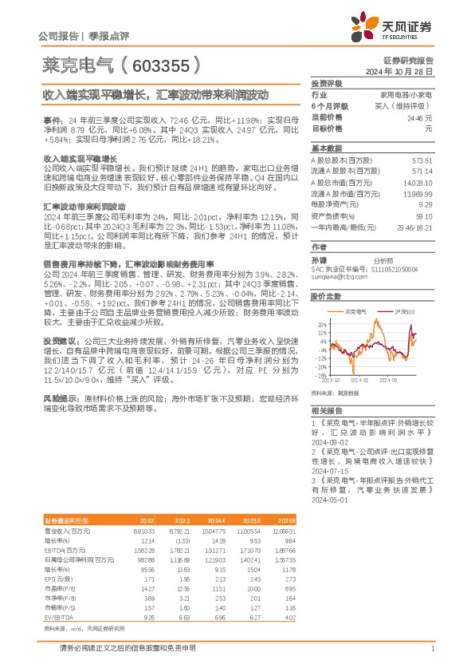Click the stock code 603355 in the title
coord(159,63)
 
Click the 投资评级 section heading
coord(326,83)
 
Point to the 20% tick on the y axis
coord(322,325)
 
